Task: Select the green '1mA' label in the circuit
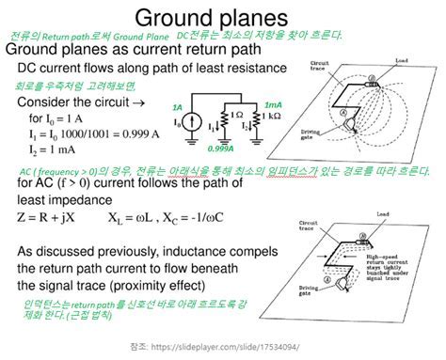click(273, 105)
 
